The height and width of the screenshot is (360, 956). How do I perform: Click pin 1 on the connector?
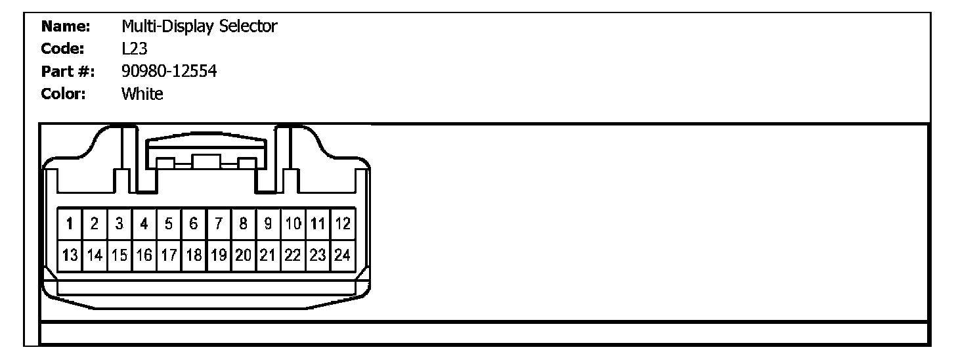tap(70, 224)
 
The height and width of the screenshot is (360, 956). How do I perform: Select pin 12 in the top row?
tap(342, 224)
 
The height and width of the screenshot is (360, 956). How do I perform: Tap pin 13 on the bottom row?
tap(70, 254)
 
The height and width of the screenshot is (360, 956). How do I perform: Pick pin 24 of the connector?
tap(342, 254)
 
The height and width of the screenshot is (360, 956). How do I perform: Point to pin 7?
tap(219, 224)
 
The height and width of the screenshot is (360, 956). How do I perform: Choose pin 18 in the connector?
tap(194, 254)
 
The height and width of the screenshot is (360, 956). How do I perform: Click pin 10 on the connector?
tap(293, 224)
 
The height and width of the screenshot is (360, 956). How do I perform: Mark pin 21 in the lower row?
tap(268, 254)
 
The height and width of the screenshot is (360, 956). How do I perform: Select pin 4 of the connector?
tap(144, 224)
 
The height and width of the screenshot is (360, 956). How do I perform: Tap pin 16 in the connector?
tap(144, 254)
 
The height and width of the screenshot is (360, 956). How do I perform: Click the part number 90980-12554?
tap(169, 72)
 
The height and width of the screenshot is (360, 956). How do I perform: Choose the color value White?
tap(142, 94)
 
